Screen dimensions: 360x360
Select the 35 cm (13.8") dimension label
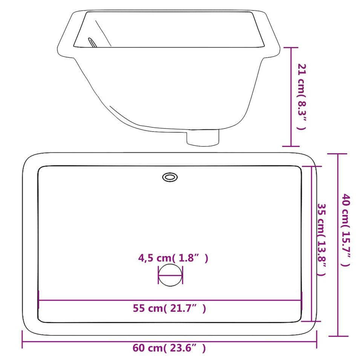click(x=322, y=240)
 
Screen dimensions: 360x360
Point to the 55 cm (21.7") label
click(x=169, y=308)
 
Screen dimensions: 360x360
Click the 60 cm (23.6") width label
click(x=169, y=348)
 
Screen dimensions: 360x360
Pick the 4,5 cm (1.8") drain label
click(x=173, y=258)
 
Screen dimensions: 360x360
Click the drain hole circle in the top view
click(x=170, y=275)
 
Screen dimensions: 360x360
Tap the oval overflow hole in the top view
click(x=170, y=177)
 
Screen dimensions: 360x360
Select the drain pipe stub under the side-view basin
click(x=202, y=138)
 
